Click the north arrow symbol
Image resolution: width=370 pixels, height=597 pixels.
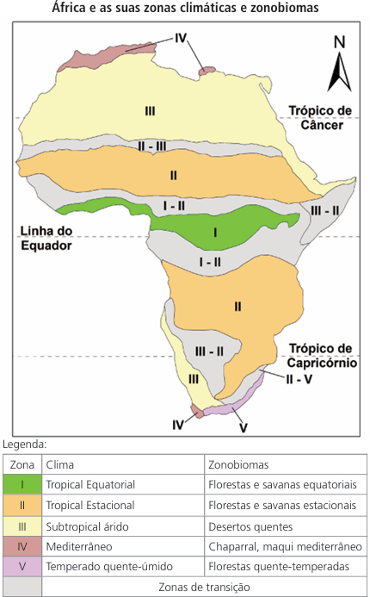[x=339, y=64]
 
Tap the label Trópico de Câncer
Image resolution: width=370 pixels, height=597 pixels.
[x=320, y=118]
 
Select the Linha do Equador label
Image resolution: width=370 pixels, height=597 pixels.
[x=46, y=238]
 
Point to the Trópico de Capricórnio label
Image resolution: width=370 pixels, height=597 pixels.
[x=322, y=356]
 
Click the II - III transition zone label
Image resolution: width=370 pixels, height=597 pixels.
[x=151, y=146]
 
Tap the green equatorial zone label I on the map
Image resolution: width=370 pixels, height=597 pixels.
[x=215, y=233]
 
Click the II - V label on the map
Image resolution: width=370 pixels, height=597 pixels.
[x=299, y=379]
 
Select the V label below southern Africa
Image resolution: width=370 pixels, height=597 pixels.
[x=244, y=427]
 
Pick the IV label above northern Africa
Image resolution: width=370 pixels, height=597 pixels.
[x=181, y=38]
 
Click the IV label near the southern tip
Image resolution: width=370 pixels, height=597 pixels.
[x=177, y=425]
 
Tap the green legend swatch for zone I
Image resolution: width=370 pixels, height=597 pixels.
[x=22, y=484]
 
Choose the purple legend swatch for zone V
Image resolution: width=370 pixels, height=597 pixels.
[x=22, y=566]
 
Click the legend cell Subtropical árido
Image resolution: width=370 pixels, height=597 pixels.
[x=87, y=526]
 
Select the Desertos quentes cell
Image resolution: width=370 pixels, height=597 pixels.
[x=250, y=526]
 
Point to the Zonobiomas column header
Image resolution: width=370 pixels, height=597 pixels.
[x=238, y=464]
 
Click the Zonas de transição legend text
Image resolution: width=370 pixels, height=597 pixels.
[x=204, y=587]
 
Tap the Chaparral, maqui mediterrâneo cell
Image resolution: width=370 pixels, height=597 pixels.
[x=285, y=546]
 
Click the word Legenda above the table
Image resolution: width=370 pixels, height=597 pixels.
[x=24, y=445]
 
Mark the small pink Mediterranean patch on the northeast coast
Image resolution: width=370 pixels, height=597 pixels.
[x=207, y=71]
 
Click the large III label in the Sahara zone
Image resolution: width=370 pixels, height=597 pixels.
[x=150, y=111]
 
